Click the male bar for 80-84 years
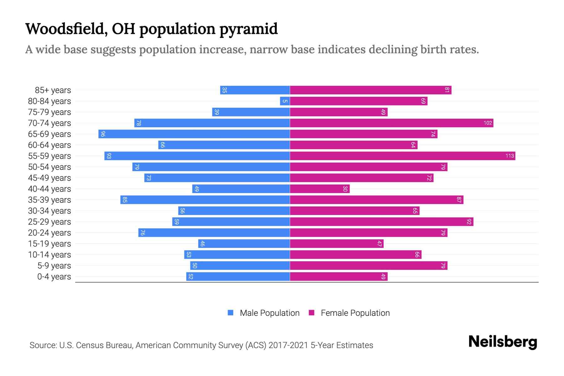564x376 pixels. pyautogui.click(x=285, y=101)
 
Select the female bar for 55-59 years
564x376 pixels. pyautogui.click(x=402, y=156)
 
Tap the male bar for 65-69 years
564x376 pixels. pyautogui.click(x=194, y=134)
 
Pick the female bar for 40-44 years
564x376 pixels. pyautogui.click(x=320, y=189)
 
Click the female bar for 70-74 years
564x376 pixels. pyautogui.click(x=391, y=123)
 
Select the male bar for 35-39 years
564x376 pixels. pyautogui.click(x=205, y=200)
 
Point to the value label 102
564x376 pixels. pyautogui.click(x=488, y=123)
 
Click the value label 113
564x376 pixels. pyautogui.click(x=509, y=156)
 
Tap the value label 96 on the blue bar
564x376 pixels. pyautogui.click(x=103, y=134)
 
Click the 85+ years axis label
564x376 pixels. pyautogui.click(x=53, y=90)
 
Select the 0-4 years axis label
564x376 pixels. pyautogui.click(x=54, y=277)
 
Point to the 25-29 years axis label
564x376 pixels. pyautogui.click(x=50, y=222)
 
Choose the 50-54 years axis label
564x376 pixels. pyautogui.click(x=50, y=167)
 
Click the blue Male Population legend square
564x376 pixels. pyautogui.click(x=231, y=313)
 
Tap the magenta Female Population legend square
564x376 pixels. pyautogui.click(x=311, y=313)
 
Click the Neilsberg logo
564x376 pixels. pyautogui.click(x=503, y=342)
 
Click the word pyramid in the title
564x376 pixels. pyautogui.click(x=248, y=29)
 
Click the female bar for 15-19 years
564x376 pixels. pyautogui.click(x=337, y=243)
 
